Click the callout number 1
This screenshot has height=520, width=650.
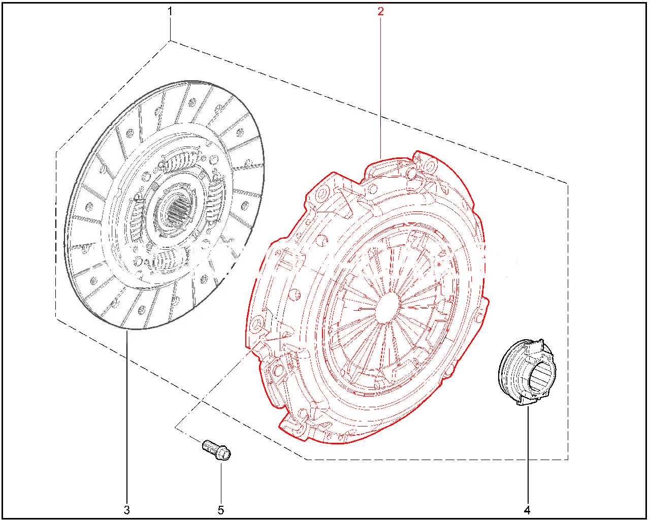(x=170, y=12)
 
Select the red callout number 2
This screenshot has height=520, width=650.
(x=380, y=12)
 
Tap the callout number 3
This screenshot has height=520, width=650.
(x=127, y=510)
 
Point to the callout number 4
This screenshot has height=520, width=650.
(x=527, y=510)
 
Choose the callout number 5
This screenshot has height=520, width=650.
(x=221, y=510)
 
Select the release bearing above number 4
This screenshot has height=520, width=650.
(x=527, y=372)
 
